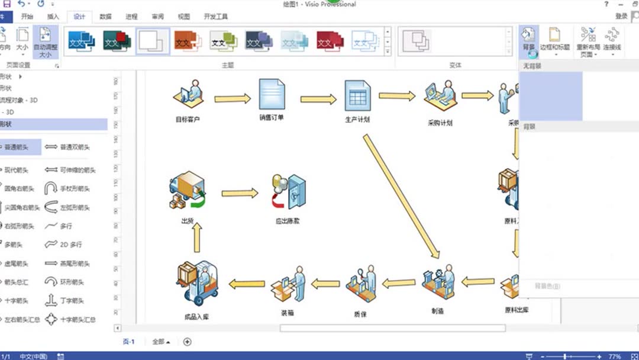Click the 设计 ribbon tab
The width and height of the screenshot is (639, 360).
[x=79, y=17]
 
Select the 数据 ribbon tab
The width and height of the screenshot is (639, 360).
[x=105, y=17]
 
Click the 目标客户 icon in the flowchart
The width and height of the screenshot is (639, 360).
[x=188, y=94]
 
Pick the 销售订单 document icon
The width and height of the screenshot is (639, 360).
[x=272, y=94]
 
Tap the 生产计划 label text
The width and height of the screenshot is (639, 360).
[x=357, y=119]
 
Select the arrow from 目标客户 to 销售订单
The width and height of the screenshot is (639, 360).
[x=232, y=98]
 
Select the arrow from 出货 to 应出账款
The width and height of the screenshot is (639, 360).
[x=240, y=193]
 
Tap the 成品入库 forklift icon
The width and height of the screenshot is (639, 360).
[x=197, y=283]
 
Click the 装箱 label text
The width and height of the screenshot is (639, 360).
[x=287, y=312]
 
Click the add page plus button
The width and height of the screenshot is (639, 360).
[x=188, y=342]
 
